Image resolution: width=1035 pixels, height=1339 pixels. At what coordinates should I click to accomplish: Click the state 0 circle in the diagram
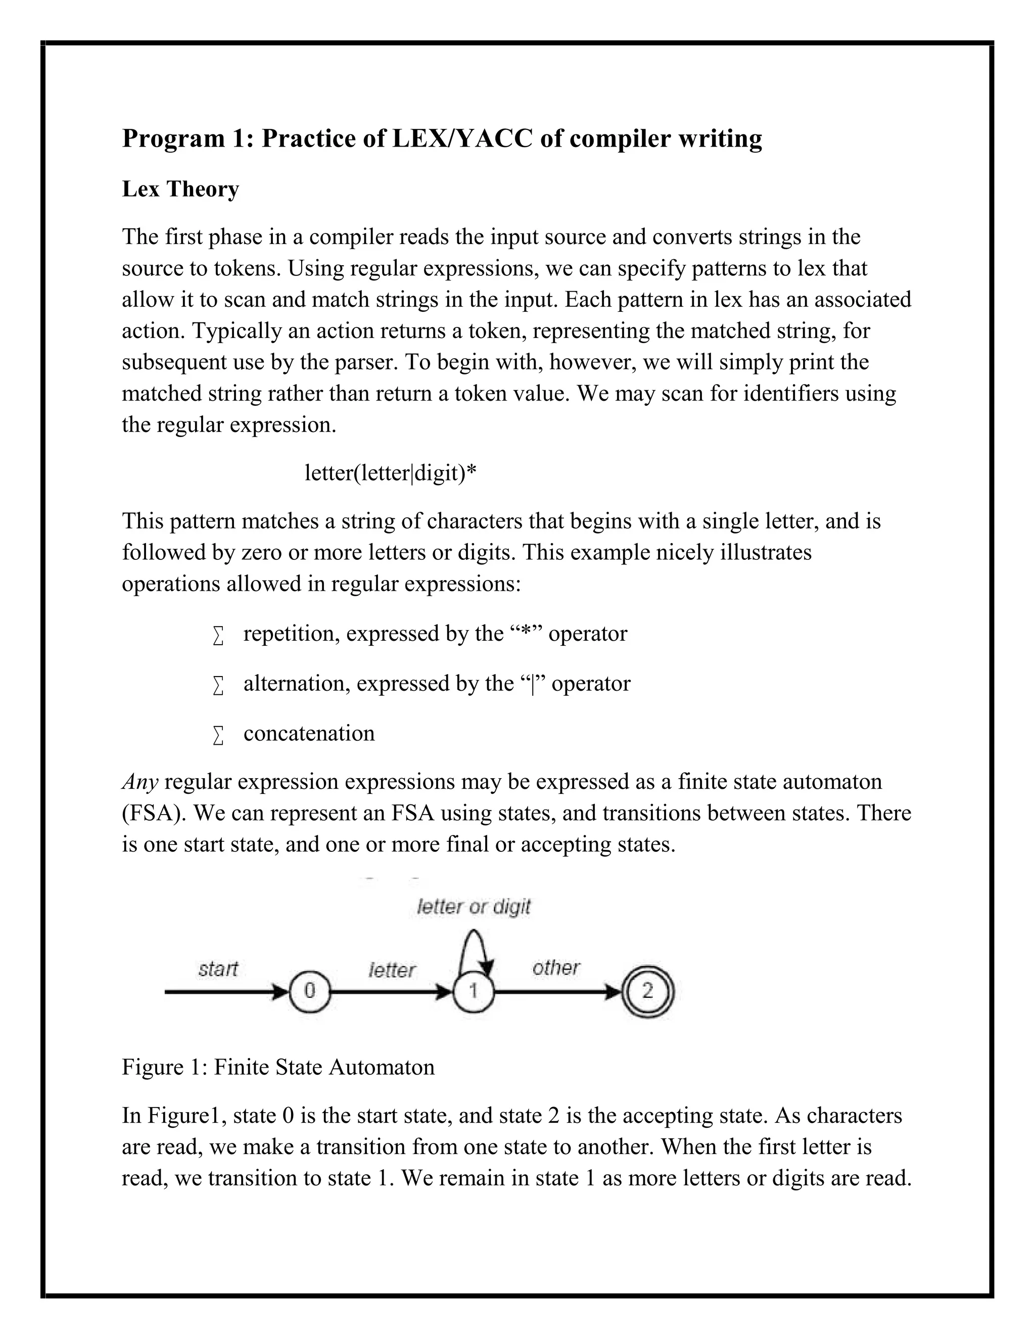click(310, 991)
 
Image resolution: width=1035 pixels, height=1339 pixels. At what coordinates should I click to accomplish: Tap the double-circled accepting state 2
click(647, 991)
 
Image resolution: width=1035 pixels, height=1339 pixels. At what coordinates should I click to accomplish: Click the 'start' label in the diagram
click(218, 969)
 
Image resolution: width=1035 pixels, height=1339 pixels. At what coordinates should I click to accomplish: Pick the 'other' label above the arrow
click(555, 968)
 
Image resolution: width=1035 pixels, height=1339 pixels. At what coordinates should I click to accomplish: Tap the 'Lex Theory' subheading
click(180, 189)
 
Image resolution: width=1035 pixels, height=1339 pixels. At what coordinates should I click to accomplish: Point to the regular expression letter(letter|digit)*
click(391, 473)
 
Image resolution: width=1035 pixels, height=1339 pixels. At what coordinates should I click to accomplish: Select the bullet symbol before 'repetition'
click(218, 635)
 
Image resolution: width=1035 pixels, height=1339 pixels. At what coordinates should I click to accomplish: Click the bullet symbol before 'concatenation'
click(218, 735)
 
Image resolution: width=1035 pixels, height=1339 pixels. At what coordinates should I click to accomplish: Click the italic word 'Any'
click(140, 782)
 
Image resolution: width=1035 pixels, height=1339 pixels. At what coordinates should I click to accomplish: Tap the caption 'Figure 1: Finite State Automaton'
click(278, 1067)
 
